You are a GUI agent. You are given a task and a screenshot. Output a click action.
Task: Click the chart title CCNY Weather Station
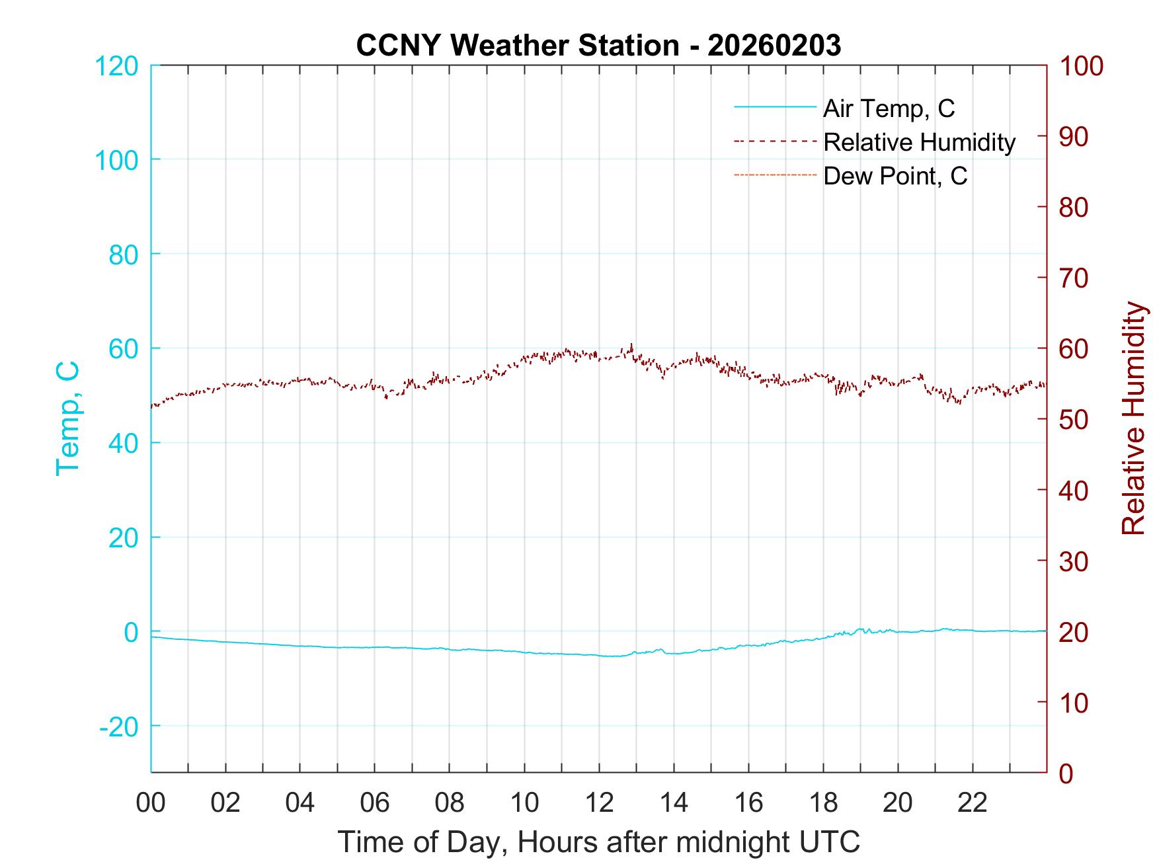tap(598, 46)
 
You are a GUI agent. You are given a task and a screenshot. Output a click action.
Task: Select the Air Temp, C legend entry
tap(889, 108)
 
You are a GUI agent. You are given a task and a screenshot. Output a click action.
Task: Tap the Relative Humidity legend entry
tap(919, 142)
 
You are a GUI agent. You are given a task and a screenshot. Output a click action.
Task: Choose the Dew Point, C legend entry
tap(895, 176)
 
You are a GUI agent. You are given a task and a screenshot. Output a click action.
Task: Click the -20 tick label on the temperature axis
tap(119, 727)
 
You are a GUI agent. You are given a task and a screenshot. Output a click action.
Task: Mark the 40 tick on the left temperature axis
tap(123, 443)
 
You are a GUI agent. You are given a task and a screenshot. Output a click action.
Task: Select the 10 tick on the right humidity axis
tap(1074, 703)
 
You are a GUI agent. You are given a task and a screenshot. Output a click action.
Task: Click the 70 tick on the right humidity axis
tap(1074, 278)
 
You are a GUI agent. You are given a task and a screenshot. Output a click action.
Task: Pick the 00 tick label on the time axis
tap(151, 803)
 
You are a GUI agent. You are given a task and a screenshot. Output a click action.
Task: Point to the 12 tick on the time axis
tap(599, 803)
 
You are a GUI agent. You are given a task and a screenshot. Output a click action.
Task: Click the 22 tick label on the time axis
tap(973, 803)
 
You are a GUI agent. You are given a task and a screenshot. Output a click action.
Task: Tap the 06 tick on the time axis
tap(375, 803)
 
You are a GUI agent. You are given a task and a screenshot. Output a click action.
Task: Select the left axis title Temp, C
tap(68, 418)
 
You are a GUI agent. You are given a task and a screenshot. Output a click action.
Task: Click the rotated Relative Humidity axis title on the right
tap(1133, 418)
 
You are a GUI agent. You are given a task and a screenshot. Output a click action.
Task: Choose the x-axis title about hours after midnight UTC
tap(598, 842)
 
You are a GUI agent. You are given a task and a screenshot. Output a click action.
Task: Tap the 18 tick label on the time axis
tap(823, 803)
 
